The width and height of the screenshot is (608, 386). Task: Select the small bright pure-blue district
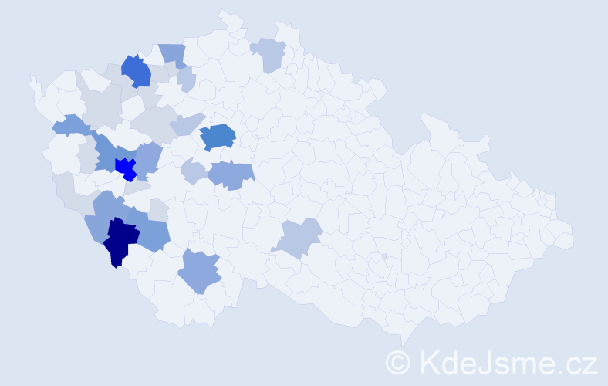(124, 167)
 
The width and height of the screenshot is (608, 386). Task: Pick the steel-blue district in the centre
(218, 137)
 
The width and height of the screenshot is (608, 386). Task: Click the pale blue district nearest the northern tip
(268, 53)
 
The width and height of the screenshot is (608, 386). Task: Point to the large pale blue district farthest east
(300, 237)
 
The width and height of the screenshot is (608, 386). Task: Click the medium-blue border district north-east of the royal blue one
(173, 54)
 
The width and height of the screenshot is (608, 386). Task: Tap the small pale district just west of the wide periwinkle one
(194, 171)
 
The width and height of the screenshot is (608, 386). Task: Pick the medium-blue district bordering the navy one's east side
(153, 234)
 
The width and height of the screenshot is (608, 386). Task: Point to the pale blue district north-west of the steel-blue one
(186, 124)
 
